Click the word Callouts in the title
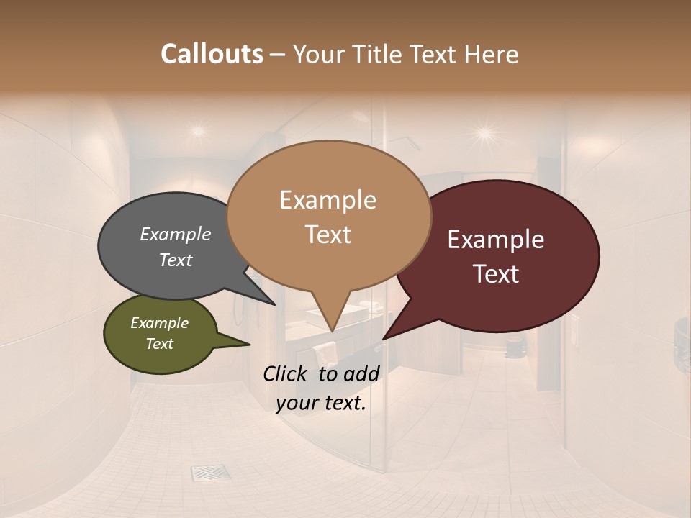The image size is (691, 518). (x=212, y=54)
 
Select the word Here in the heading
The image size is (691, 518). (x=491, y=54)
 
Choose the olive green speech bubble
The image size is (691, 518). (x=160, y=335)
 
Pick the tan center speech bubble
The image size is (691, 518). (x=328, y=216)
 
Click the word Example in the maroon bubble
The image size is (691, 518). (x=496, y=240)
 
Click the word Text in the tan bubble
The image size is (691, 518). (x=328, y=235)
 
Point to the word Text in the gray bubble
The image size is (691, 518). (x=176, y=260)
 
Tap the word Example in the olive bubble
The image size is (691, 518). (x=160, y=323)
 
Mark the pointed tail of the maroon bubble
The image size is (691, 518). (x=385, y=337)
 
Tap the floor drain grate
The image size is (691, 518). (x=210, y=473)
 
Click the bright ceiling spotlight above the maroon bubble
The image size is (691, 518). (x=484, y=133)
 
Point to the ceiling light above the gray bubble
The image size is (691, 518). (x=197, y=131)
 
